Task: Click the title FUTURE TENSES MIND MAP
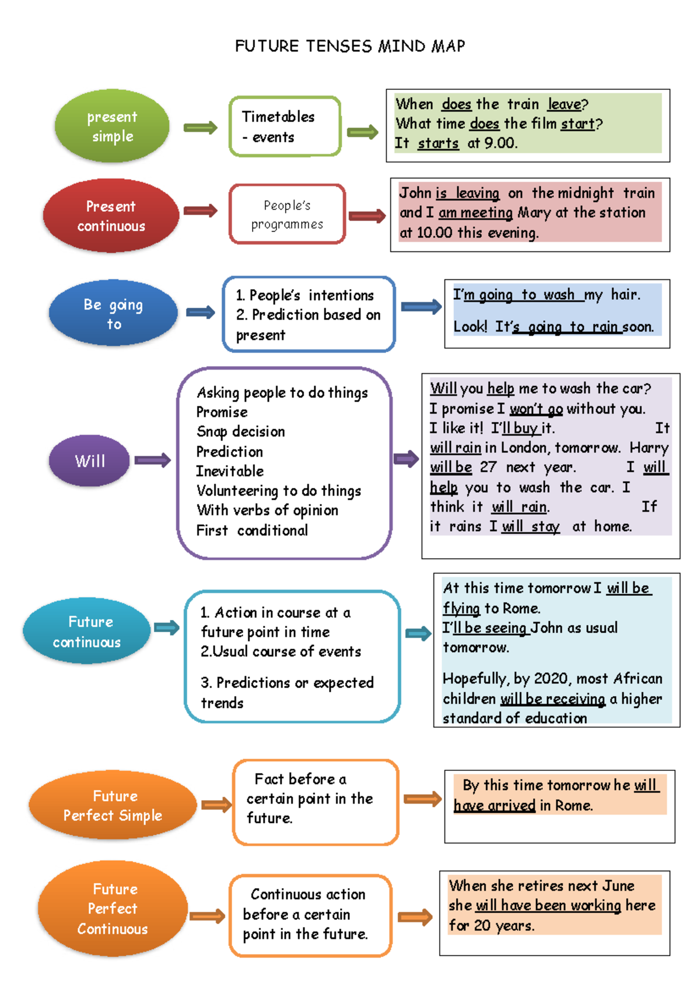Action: (350, 46)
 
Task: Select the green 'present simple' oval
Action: (112, 126)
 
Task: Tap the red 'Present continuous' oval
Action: (111, 216)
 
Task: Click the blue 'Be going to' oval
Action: (113, 313)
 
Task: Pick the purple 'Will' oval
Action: (89, 461)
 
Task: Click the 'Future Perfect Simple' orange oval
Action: (113, 805)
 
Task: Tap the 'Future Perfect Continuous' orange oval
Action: (113, 909)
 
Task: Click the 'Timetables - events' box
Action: (285, 127)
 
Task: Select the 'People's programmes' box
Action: (287, 214)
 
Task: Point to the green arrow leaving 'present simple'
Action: (200, 128)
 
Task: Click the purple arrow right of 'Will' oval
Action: (152, 460)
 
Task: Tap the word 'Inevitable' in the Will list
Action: (230, 471)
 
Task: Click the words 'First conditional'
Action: (252, 531)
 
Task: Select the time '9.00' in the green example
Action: (501, 143)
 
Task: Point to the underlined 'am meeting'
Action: (475, 213)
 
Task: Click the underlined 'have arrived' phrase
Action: (495, 806)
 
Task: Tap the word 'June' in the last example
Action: (618, 886)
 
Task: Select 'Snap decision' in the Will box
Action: (241, 432)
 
